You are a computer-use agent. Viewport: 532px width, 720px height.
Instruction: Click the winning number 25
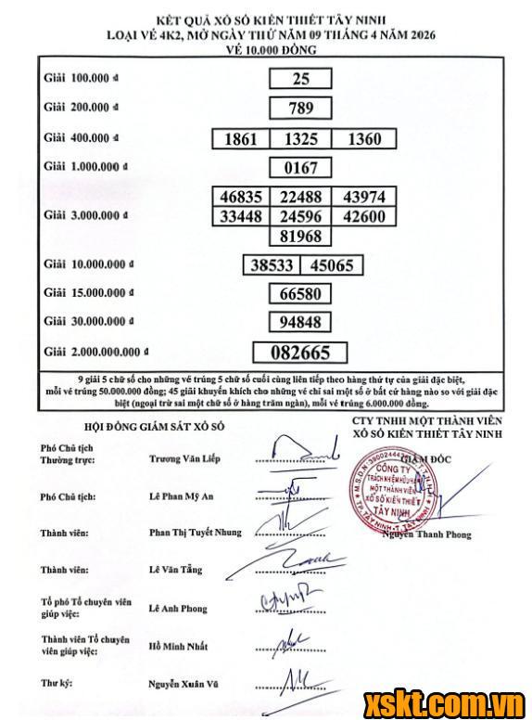301,80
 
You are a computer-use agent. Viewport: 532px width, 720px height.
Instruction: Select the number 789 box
301,109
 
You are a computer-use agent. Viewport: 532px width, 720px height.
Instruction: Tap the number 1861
240,139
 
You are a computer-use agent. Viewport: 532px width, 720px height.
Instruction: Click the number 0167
301,168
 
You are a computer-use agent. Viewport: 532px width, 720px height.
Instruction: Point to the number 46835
240,198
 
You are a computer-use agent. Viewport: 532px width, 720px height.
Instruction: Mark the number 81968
301,237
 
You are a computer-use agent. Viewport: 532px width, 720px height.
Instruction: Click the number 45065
331,265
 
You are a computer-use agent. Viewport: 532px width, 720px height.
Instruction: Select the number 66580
301,294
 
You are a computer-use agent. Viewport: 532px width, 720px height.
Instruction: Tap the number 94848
301,323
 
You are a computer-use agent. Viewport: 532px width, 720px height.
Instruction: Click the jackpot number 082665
301,353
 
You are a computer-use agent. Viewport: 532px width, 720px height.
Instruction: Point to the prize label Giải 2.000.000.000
95,353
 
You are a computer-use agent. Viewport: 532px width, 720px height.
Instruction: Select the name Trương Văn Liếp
185,458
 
